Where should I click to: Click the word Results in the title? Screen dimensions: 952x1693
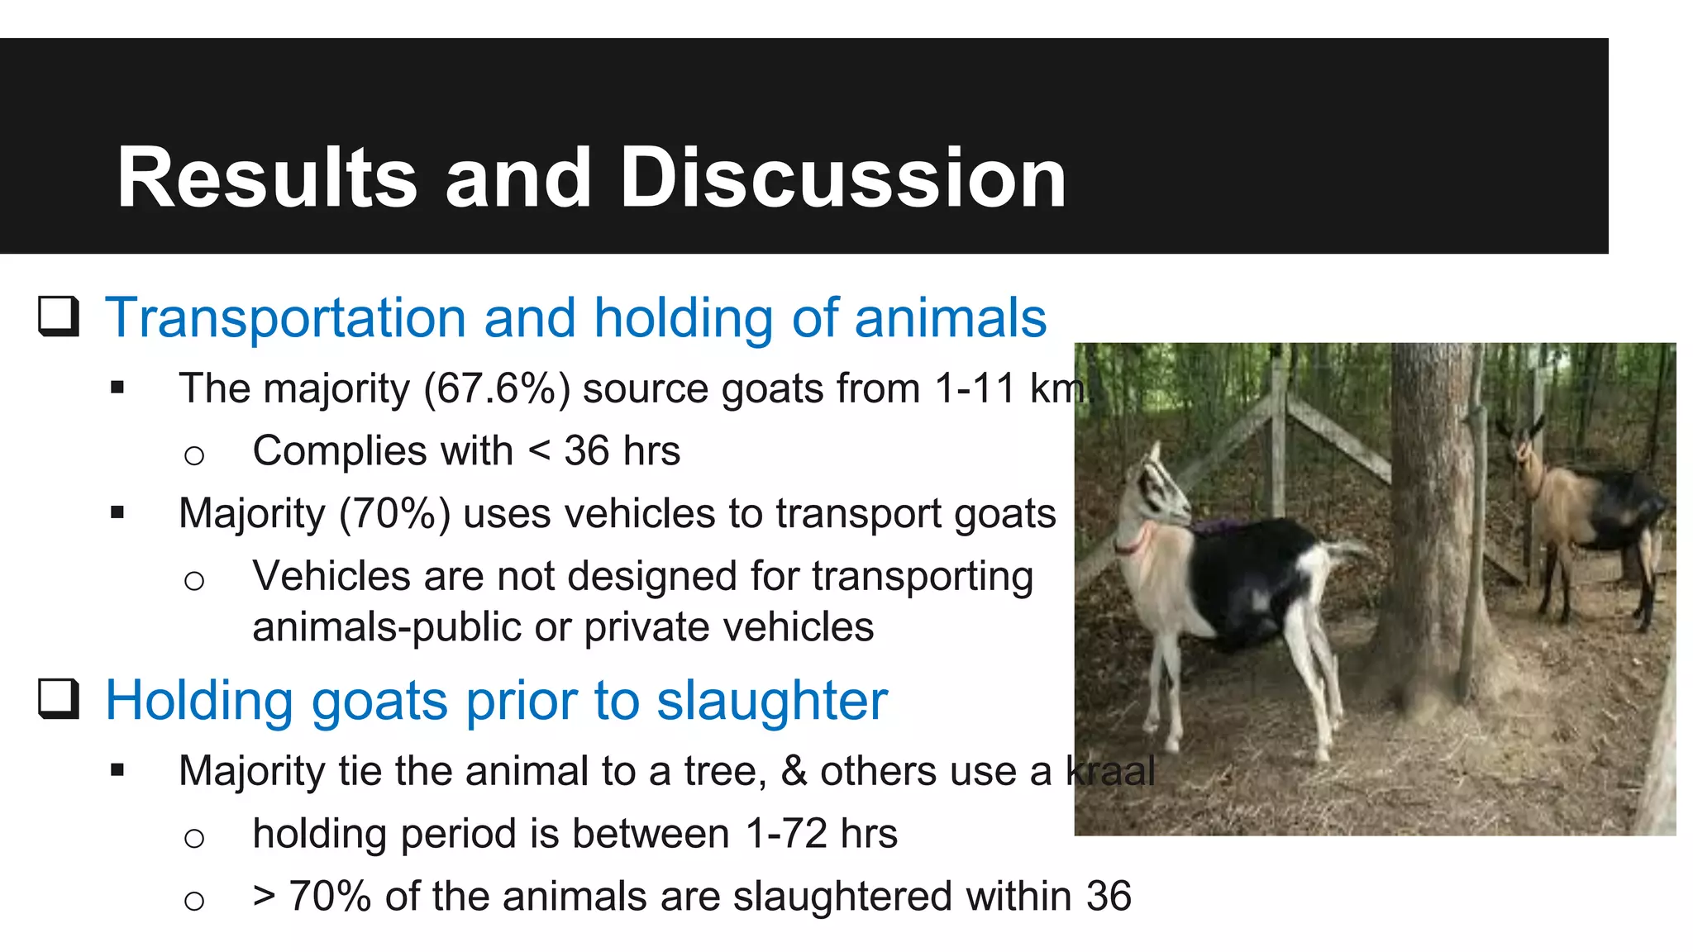coord(267,178)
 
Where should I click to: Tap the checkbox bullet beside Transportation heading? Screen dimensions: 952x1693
coord(59,317)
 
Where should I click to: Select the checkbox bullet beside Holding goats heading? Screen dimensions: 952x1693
coord(59,699)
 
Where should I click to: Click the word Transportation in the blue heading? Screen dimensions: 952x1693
coord(285,318)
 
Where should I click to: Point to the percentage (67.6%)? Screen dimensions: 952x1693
coord(497,388)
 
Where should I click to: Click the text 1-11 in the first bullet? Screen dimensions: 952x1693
coord(975,388)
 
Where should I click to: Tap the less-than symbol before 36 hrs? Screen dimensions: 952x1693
coord(539,451)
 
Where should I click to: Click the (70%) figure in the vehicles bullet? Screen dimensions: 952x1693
coord(395,513)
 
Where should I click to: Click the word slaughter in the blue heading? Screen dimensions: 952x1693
coord(772,701)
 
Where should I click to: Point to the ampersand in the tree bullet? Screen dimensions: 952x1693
coord(794,771)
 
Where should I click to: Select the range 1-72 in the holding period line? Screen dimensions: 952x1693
coord(786,833)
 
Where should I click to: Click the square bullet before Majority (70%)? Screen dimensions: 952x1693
coord(117,513)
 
